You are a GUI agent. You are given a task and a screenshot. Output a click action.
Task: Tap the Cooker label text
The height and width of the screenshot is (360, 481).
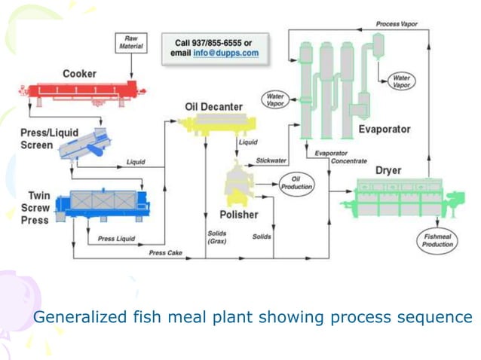click(79, 74)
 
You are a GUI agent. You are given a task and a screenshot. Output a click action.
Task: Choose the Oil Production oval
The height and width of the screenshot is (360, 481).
click(296, 182)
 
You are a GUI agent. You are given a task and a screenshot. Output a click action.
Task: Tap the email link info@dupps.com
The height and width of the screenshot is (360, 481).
click(225, 53)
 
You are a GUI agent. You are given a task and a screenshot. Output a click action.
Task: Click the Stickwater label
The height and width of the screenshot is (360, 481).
click(271, 160)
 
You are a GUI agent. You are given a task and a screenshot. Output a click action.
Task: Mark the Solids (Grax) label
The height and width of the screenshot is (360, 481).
click(217, 237)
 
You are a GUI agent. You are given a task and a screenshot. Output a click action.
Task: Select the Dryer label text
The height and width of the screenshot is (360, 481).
click(388, 170)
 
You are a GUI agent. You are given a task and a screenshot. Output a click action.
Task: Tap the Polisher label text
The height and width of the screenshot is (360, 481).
click(239, 215)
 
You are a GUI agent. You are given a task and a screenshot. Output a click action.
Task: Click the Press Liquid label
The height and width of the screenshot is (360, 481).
click(117, 239)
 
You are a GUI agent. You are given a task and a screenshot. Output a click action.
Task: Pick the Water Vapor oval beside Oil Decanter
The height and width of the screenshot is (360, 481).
click(275, 99)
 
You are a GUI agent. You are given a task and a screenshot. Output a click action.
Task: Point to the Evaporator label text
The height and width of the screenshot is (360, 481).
click(384, 129)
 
